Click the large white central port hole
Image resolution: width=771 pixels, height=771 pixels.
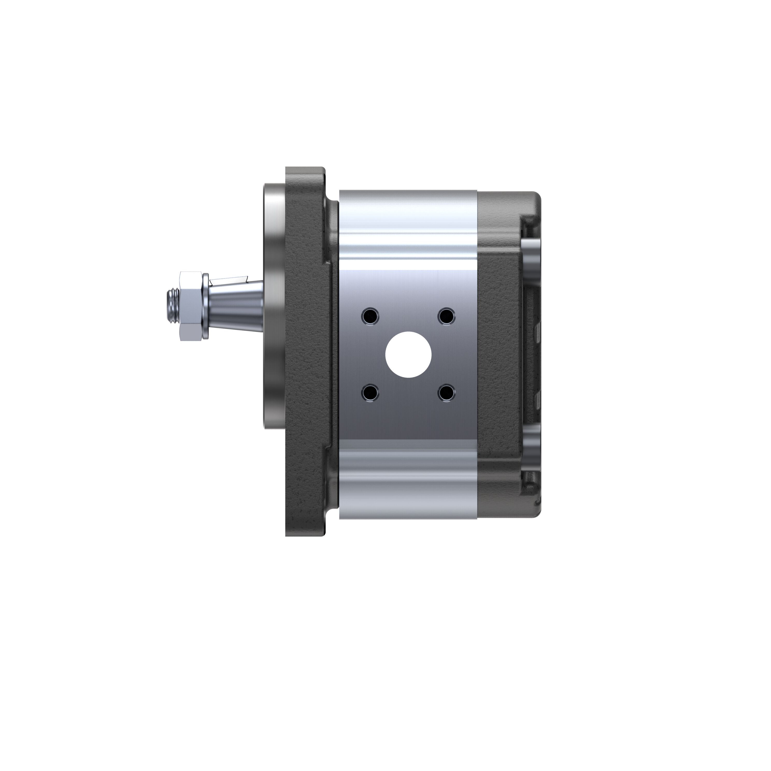click(409, 354)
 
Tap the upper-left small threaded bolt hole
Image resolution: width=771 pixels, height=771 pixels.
click(369, 317)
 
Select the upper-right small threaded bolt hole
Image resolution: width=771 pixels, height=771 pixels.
click(446, 317)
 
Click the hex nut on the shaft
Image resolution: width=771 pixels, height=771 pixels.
click(191, 306)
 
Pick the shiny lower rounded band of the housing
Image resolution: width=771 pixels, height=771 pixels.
click(408, 479)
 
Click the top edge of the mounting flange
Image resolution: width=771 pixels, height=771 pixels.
click(305, 168)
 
